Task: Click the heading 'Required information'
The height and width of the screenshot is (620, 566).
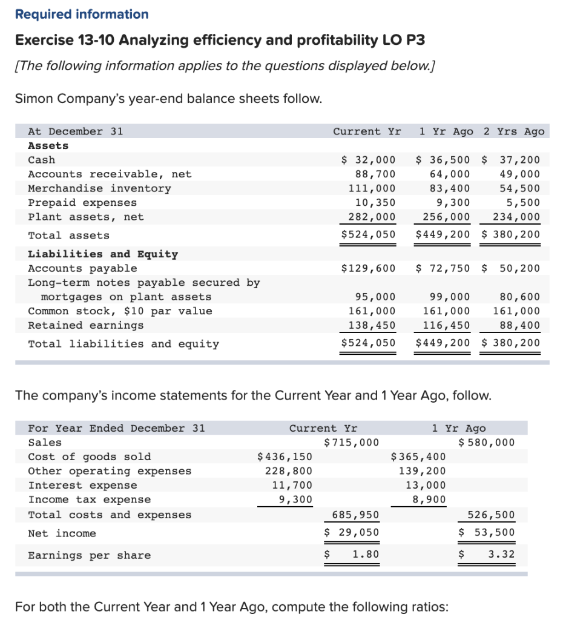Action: point(82,14)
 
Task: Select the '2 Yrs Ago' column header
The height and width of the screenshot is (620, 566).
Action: point(514,131)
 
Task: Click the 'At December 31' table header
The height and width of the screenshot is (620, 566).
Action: point(76,131)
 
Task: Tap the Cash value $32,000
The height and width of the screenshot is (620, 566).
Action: point(369,160)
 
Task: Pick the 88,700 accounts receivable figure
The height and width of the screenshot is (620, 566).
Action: point(375,174)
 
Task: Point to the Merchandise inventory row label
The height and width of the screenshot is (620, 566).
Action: point(100,188)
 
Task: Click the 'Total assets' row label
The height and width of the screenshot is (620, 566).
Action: point(69,236)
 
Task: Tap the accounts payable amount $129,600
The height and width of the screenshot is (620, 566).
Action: point(369,268)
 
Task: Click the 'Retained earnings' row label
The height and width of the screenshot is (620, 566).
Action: point(86,325)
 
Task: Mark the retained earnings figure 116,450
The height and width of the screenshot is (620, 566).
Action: point(446,325)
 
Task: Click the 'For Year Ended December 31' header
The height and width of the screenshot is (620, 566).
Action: point(117,428)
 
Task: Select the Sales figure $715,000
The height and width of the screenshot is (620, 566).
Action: point(352,443)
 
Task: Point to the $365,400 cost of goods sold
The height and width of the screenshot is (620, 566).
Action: point(419,457)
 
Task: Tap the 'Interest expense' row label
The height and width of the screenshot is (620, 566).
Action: point(83,485)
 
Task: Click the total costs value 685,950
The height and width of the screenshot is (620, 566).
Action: point(356,515)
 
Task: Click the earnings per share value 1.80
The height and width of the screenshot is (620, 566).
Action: point(366,555)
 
